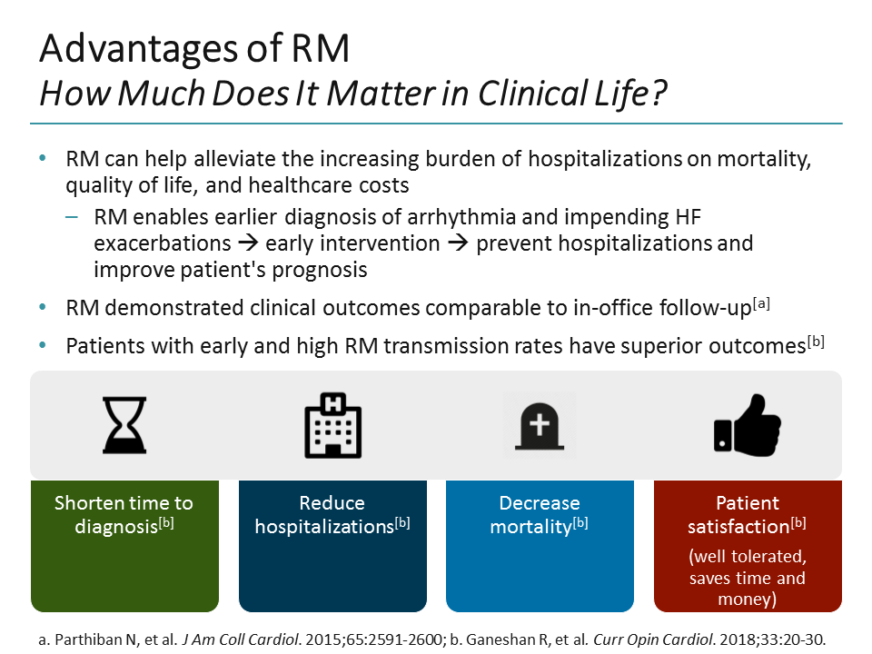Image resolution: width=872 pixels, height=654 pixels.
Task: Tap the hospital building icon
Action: coord(332,425)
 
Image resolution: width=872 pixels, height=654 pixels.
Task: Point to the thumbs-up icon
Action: coord(748,425)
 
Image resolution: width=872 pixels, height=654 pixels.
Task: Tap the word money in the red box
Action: coord(748,599)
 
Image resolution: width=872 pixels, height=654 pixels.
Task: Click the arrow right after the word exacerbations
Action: coord(248,244)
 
